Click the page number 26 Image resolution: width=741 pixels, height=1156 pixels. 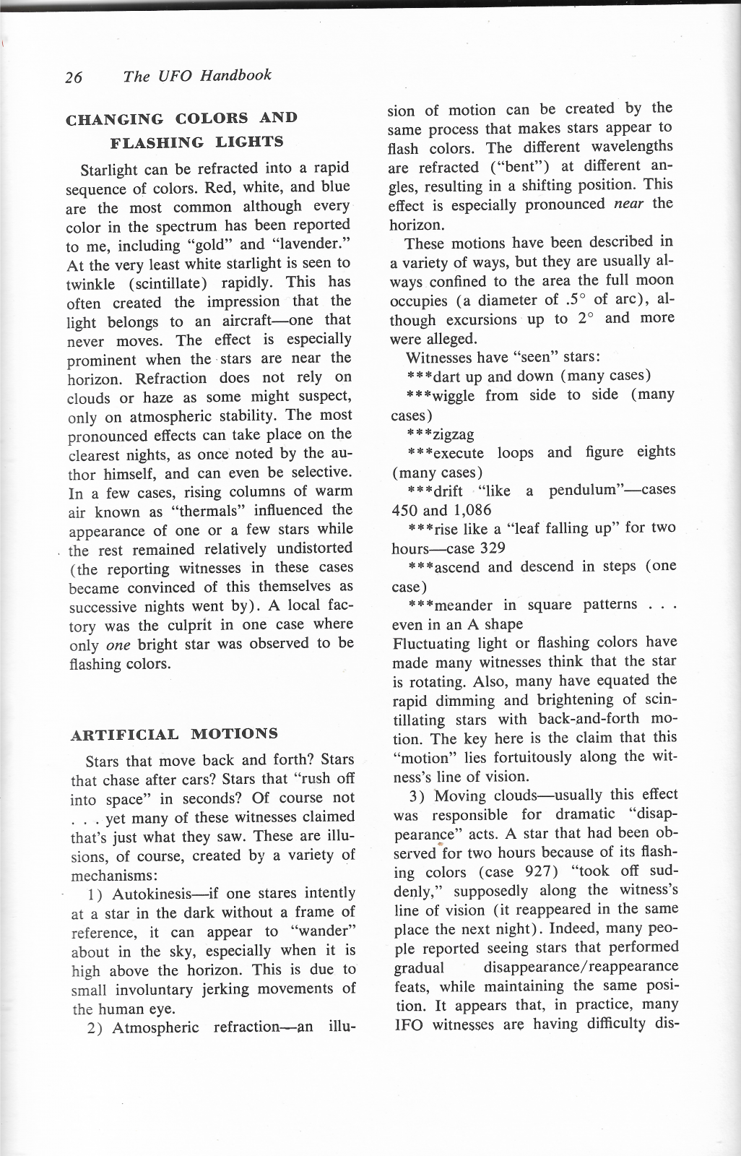[x=74, y=78]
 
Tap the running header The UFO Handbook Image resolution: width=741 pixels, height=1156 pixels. [x=197, y=76]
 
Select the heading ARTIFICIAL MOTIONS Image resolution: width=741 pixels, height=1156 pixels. [x=174, y=735]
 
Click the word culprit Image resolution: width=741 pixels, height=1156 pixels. [x=164, y=626]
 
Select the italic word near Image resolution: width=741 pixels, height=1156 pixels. [x=628, y=204]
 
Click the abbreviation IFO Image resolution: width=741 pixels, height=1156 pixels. [x=409, y=1024]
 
